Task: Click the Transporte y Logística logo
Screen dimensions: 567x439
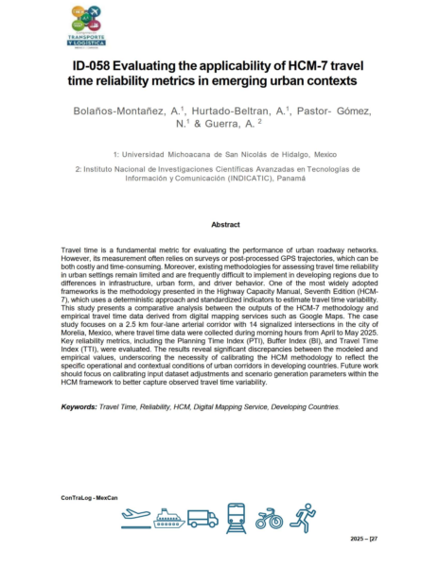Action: (88, 27)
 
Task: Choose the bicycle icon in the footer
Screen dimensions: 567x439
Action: (269, 518)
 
